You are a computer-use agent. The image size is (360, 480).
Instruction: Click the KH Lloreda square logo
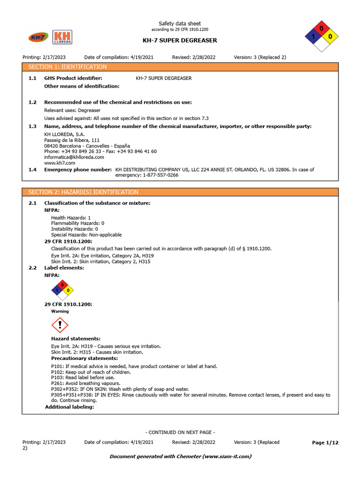[x=62, y=37]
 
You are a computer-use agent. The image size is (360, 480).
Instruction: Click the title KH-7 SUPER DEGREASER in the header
[x=180, y=40]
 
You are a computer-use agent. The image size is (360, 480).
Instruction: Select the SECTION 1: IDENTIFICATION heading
[x=67, y=67]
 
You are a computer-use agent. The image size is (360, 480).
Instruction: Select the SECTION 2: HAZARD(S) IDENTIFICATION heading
[x=83, y=192]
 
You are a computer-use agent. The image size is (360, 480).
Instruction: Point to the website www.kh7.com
[x=60, y=163]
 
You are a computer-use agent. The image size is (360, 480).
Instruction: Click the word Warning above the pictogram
[x=60, y=311]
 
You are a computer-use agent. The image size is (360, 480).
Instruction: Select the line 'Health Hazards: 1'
[x=71, y=218]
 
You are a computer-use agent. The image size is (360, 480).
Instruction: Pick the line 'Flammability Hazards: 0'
[x=77, y=224]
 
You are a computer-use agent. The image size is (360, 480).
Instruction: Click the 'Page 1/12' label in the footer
[x=325, y=442]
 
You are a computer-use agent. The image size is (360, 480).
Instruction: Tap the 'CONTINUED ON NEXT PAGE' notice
[x=180, y=432]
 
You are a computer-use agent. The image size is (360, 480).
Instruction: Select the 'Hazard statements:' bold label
[x=75, y=338]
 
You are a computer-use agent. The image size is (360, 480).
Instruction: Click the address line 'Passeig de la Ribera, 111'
[x=72, y=140]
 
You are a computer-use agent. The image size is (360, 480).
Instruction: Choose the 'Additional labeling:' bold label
[x=69, y=407]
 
